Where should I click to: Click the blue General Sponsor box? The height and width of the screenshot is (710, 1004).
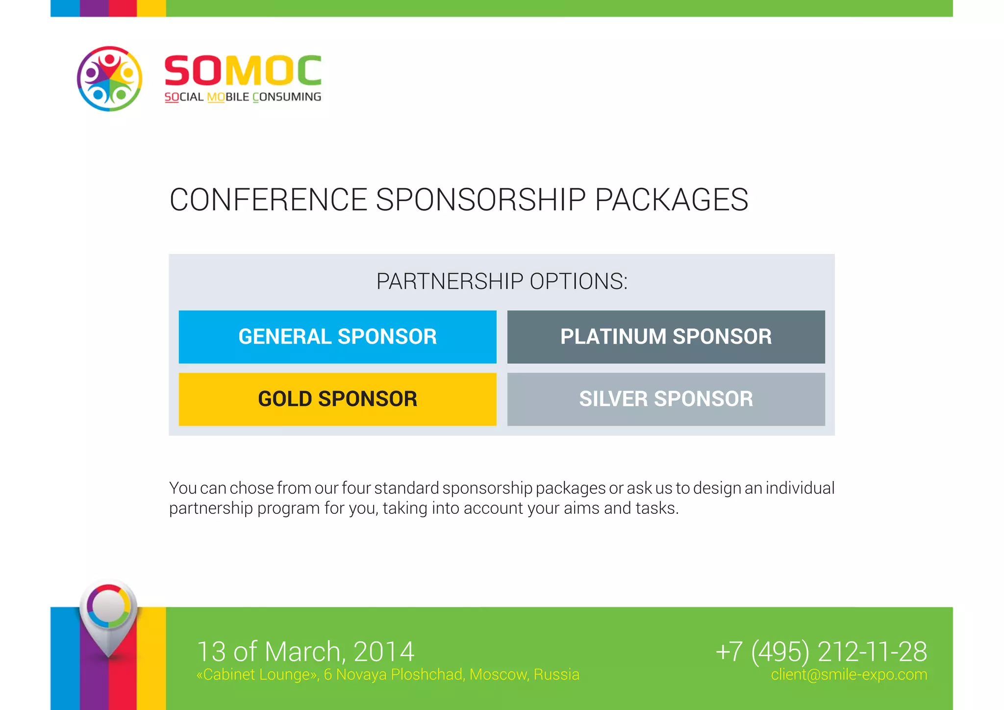point(337,337)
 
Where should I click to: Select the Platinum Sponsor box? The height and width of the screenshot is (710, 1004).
point(666,337)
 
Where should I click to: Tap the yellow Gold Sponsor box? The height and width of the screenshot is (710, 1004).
point(337,399)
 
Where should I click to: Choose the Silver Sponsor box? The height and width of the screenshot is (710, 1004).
point(666,399)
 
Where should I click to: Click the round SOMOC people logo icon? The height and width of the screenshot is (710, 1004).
point(109,79)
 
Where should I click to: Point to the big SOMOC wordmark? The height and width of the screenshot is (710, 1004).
point(243,71)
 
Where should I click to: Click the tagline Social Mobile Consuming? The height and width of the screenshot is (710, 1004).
point(243,97)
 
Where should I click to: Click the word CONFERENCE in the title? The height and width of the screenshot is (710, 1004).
point(268,200)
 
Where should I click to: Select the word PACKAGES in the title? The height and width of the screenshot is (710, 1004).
point(671,200)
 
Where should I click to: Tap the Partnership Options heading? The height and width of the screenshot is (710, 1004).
point(502,281)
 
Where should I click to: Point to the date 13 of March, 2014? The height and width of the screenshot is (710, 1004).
point(305,652)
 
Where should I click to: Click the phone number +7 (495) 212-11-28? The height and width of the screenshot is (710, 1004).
point(821,652)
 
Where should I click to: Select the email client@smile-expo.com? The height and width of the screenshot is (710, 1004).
point(849,675)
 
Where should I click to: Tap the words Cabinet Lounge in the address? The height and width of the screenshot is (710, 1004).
point(257,675)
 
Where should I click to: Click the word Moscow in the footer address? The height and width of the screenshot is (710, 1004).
point(499,675)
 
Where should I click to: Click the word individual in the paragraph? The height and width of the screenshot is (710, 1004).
point(800,488)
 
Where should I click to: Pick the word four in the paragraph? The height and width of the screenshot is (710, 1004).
point(355,488)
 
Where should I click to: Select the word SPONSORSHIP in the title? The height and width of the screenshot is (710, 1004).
point(480,200)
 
